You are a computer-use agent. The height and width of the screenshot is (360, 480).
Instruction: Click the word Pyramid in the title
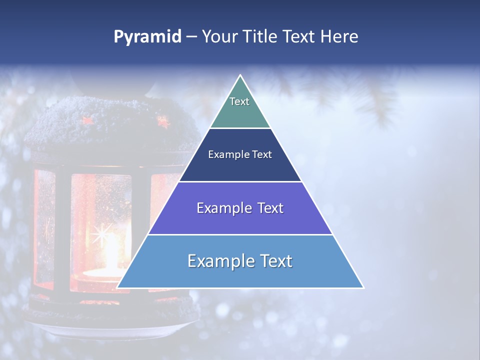tap(147, 37)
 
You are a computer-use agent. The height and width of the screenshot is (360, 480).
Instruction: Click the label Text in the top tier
tap(239, 101)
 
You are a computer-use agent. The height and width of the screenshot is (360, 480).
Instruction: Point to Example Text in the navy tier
tap(240, 154)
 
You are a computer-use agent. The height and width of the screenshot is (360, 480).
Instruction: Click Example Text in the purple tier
tap(240, 208)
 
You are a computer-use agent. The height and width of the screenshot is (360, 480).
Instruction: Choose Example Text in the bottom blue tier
tap(240, 261)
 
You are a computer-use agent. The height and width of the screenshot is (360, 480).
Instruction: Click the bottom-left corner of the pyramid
tap(118, 287)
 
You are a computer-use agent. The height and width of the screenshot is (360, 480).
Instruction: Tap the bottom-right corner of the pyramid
tap(363, 287)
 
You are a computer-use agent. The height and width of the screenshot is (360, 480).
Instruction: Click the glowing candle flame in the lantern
tap(106, 250)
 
